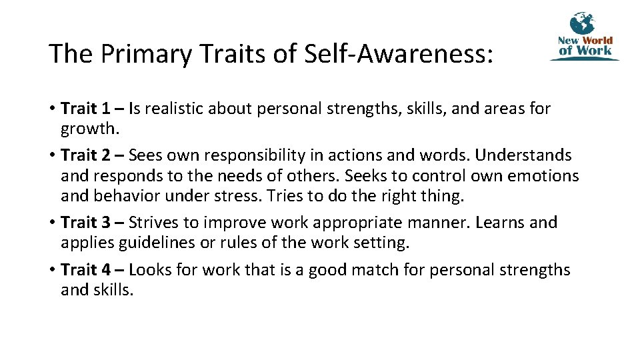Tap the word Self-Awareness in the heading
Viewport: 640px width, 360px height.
(x=398, y=54)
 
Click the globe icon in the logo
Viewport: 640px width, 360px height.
(x=582, y=23)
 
